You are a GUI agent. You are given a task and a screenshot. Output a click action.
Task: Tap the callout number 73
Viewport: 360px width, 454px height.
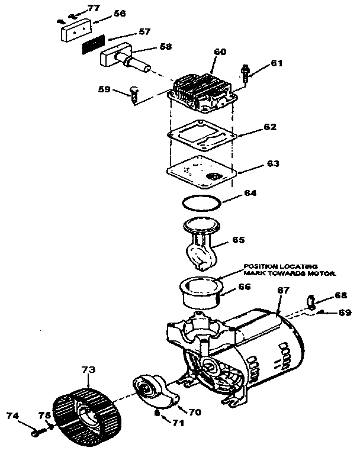coord(88,369)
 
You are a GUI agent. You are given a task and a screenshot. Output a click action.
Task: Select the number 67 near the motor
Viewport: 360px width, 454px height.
coord(283,291)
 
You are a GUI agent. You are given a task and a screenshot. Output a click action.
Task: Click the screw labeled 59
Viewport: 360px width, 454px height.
coord(133,92)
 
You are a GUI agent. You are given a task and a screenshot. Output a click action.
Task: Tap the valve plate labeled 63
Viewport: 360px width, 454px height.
coord(202,168)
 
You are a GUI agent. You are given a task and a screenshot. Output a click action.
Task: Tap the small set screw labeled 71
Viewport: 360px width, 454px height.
coord(156,413)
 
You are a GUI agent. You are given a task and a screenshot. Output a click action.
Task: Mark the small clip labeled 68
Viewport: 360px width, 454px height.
coord(311,300)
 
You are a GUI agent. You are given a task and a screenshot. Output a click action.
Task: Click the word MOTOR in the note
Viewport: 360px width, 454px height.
coord(323,273)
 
